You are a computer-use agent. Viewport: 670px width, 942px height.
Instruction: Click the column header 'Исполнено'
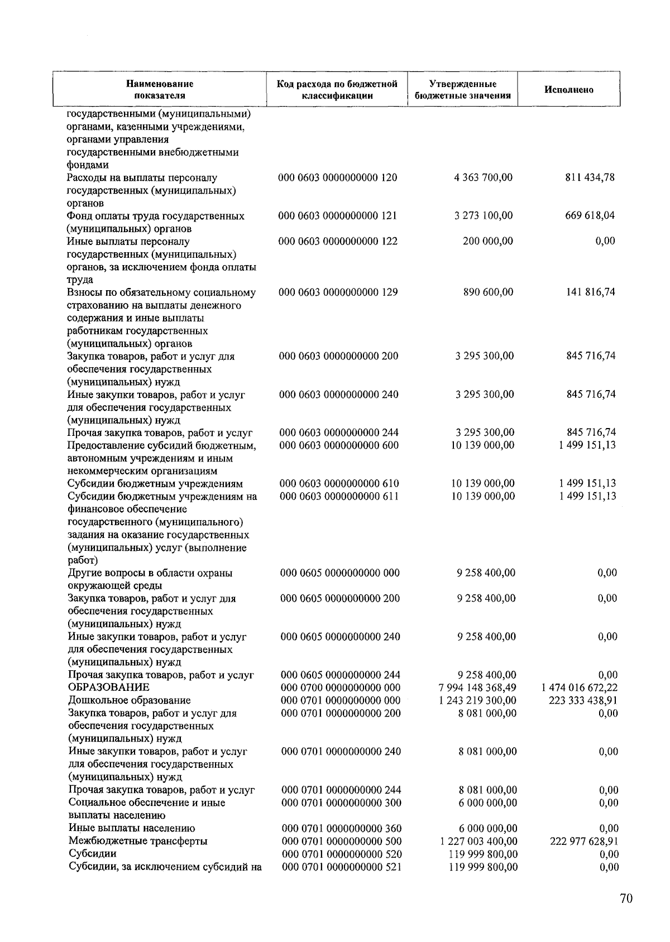568,90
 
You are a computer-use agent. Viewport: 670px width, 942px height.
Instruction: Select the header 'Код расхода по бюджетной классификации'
337,90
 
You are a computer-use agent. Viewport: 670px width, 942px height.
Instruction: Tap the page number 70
626,898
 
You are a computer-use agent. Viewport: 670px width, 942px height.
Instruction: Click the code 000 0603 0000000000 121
338,216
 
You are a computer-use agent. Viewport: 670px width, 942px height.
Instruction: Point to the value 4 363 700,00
484,177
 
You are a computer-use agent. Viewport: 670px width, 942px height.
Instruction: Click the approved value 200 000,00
488,241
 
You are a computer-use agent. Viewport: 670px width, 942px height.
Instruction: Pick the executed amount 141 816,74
591,292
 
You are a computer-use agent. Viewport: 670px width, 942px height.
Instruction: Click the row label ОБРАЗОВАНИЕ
109,688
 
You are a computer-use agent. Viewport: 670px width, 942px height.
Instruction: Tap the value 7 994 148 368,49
478,688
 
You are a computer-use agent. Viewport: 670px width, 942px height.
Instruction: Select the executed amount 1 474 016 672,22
580,688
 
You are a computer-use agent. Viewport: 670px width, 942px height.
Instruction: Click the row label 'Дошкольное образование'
130,700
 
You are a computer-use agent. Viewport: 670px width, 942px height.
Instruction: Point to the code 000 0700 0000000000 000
341,688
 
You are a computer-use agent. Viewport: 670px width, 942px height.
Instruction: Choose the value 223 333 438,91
583,700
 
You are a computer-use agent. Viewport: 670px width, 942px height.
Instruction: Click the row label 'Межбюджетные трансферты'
138,841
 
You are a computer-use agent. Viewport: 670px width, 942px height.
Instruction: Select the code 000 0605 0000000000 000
340,573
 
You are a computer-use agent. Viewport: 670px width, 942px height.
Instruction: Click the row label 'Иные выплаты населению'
132,828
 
